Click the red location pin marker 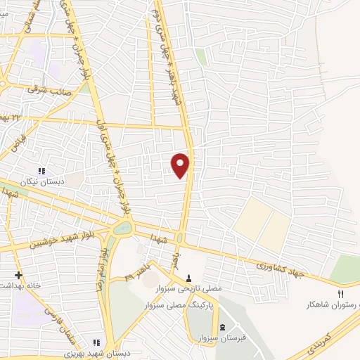(181, 165)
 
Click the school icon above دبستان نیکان (41, 171)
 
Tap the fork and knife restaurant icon (341, 294)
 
